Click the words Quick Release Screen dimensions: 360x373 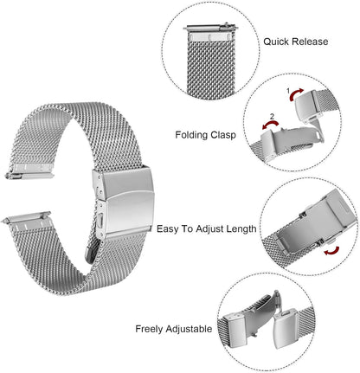[x=296, y=42]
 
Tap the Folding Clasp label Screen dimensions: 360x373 [x=205, y=135]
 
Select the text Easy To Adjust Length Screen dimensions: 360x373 [x=207, y=228]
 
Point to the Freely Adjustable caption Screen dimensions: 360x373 [x=174, y=329]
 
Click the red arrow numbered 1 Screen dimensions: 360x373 [x=296, y=93]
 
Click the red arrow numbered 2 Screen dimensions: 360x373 [x=270, y=125]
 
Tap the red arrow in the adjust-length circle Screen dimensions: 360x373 [x=331, y=251]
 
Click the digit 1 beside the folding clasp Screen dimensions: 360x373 [x=288, y=91]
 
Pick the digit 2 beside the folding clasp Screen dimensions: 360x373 [x=272, y=117]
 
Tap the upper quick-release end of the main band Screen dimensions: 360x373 [x=29, y=170]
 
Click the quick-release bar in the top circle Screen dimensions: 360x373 [x=210, y=28]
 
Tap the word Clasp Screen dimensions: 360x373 [x=223, y=135]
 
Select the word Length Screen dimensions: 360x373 [x=241, y=228]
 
